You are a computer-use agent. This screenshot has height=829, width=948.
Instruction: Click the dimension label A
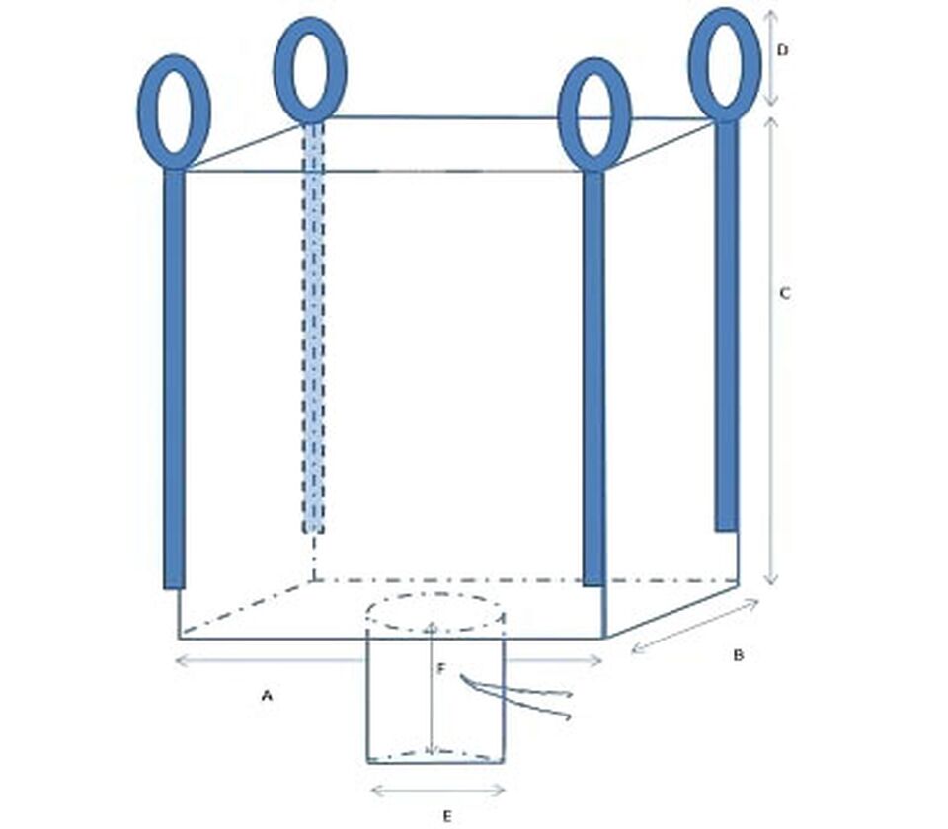coord(267,696)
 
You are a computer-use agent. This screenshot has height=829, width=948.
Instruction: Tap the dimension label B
coord(738,655)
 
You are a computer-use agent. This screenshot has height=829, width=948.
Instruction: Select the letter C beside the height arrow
coord(785,294)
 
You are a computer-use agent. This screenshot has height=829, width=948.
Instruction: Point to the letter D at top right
coord(782,50)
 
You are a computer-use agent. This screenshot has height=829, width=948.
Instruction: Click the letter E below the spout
coord(446,817)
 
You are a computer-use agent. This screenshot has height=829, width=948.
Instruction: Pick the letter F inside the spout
coord(441,668)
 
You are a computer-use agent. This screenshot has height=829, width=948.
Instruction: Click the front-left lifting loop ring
coord(140,112)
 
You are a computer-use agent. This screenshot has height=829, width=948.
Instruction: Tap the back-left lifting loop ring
coord(276,69)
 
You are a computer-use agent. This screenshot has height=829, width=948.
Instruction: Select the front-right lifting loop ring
coord(561,114)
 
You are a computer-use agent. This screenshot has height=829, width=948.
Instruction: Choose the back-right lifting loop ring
coord(692,63)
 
